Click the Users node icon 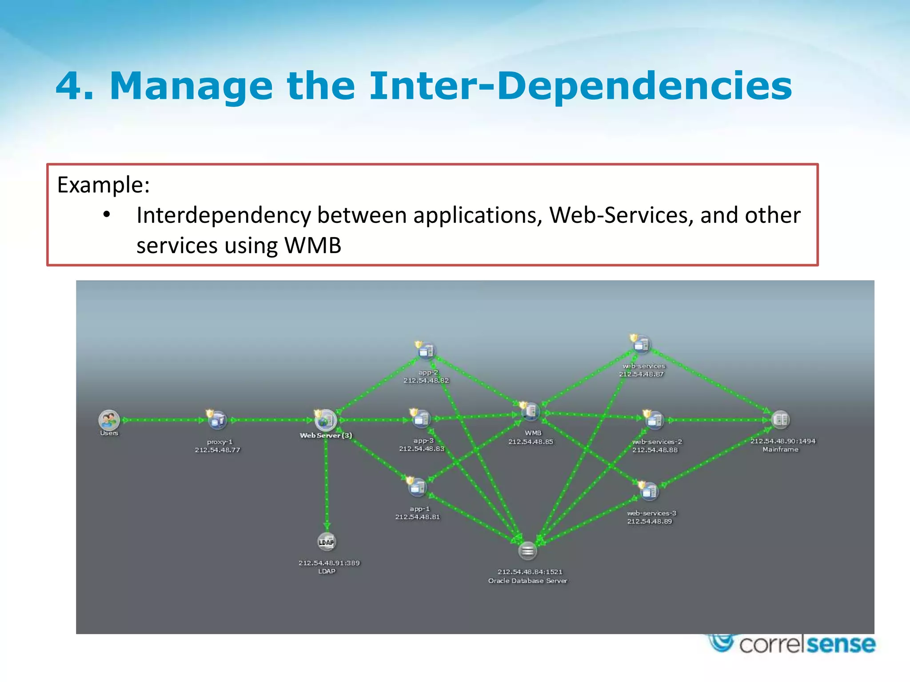109,420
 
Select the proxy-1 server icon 218,420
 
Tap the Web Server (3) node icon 326,420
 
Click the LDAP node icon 327,542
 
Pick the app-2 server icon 426,351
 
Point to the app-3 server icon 421,419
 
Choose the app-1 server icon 417,488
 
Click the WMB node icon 531,412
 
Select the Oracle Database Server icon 527,551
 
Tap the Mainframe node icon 780,420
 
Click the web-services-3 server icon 649,492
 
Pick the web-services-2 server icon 655,420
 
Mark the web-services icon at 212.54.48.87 641,345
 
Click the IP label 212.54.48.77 217,450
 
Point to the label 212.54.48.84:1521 530,572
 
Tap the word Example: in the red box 104,185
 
